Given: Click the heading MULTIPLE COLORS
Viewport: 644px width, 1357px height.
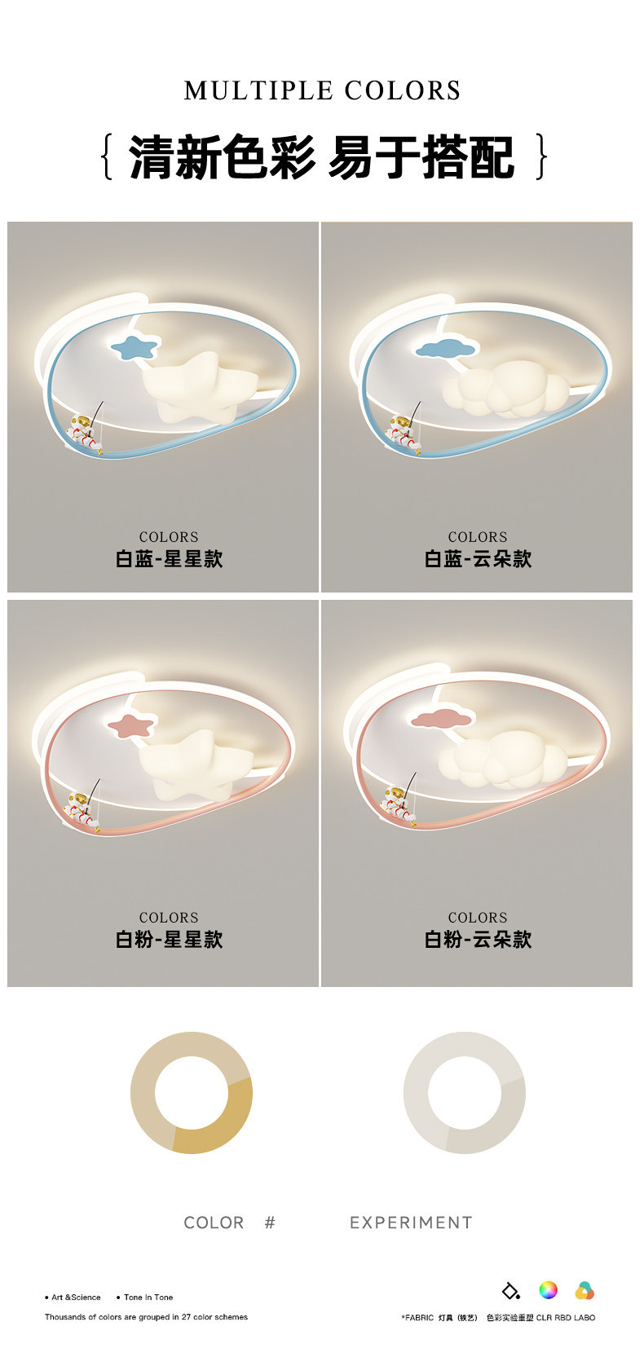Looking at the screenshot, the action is tap(322, 90).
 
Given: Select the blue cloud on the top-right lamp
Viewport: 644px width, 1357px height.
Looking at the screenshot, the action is tap(447, 348).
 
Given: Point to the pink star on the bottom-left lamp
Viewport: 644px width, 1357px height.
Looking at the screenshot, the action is tap(131, 725).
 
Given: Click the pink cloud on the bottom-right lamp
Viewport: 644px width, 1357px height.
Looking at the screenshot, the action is tap(441, 719).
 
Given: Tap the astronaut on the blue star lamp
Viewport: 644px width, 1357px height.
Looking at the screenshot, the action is tap(85, 431).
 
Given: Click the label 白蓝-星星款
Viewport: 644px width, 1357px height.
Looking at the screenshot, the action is tap(169, 558).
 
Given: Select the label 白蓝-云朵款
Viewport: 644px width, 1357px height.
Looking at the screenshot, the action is tap(478, 558).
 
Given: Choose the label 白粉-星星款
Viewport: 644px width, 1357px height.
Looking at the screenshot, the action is tap(169, 939).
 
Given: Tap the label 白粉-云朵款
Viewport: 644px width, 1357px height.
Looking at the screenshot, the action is tap(478, 939).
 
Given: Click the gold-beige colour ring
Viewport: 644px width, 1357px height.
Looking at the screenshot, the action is tap(143, 1093).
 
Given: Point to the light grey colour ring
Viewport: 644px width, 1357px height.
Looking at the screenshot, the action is tap(417, 1093).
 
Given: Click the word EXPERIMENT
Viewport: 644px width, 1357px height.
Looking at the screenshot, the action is tap(411, 1223).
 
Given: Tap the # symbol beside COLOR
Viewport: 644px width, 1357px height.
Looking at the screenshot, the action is tap(270, 1223).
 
